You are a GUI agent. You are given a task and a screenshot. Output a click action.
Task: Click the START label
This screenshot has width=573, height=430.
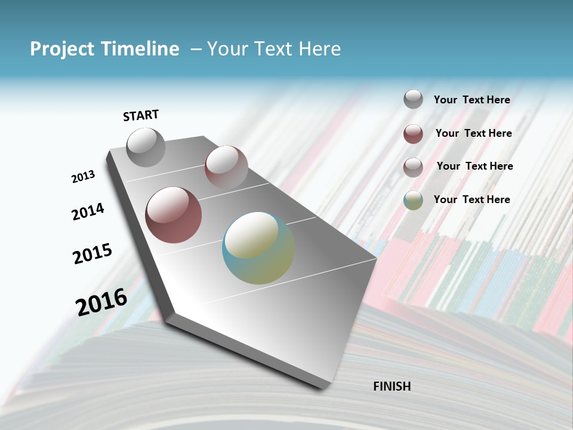tap(141, 115)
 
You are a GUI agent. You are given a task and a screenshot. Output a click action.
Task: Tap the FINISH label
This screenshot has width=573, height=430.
tap(392, 386)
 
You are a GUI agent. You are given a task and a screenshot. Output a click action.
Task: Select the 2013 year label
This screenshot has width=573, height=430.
tap(83, 177)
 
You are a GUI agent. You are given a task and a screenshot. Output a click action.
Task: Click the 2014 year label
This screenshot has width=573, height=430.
tap(88, 211)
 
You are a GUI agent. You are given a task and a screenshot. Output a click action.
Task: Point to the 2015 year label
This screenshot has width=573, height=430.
tap(93, 254)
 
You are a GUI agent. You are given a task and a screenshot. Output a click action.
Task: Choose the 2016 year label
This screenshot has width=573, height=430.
tap(101, 302)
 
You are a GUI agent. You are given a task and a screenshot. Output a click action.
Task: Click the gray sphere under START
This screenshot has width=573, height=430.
tap(146, 147)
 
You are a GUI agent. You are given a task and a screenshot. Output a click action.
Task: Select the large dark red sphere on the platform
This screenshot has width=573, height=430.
tap(174, 215)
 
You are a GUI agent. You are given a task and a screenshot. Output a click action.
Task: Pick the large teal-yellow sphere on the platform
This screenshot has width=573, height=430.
tap(258, 248)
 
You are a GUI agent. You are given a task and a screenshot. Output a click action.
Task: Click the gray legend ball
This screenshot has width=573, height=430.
tap(413, 99)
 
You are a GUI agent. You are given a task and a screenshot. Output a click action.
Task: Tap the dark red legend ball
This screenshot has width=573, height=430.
tap(413, 134)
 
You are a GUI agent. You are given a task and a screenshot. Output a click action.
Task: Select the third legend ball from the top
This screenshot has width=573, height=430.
tap(413, 167)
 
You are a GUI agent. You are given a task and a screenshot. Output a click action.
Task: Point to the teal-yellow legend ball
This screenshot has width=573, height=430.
tap(413, 200)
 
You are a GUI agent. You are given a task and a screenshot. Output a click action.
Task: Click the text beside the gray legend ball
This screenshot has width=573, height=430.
tap(472, 100)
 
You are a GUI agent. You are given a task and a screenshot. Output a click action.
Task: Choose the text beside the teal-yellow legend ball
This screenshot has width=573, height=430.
tap(472, 199)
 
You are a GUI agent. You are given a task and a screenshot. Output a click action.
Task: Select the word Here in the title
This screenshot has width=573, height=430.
tap(319, 49)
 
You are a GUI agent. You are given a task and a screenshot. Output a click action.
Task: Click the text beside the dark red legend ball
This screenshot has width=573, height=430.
tap(473, 133)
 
